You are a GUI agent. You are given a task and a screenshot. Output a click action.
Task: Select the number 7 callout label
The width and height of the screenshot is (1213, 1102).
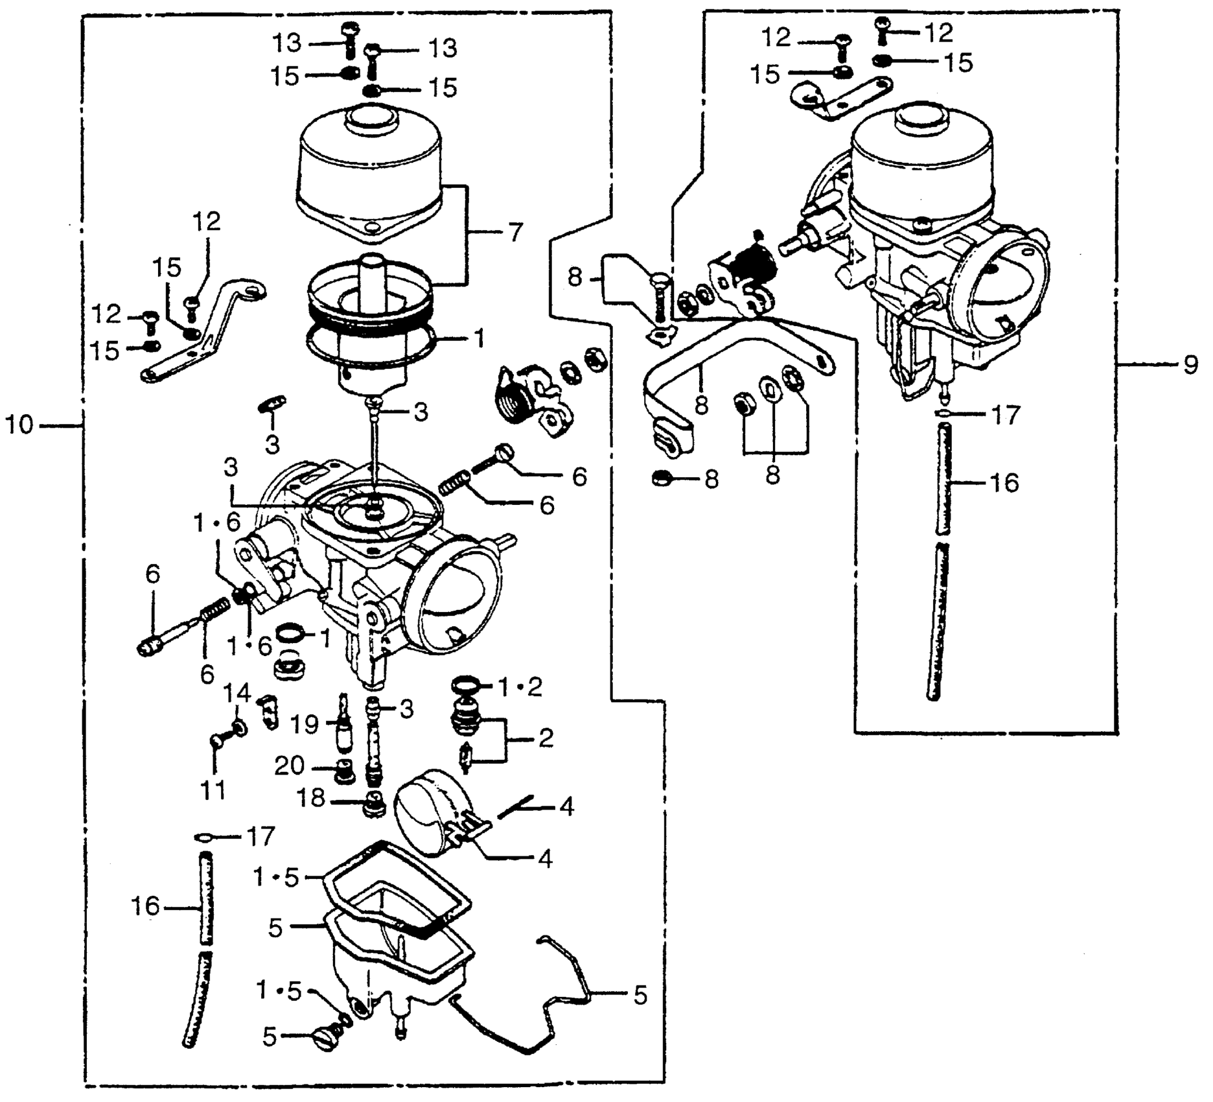[x=514, y=232]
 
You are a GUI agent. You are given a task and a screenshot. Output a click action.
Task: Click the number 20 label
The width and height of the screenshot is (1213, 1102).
[x=290, y=766]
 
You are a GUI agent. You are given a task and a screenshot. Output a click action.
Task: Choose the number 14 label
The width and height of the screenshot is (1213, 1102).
[x=237, y=694]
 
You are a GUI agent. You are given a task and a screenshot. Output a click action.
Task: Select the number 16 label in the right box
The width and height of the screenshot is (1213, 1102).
[x=1004, y=483]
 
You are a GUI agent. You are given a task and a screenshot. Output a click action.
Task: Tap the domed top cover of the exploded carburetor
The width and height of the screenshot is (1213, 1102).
[x=369, y=162]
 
